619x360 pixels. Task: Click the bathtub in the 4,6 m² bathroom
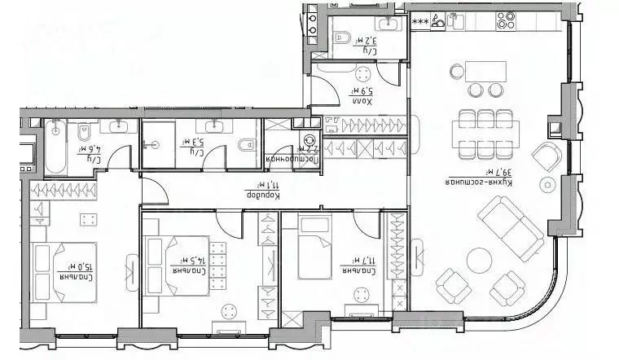[x=55, y=147]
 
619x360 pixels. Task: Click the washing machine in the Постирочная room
[x=310, y=143]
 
